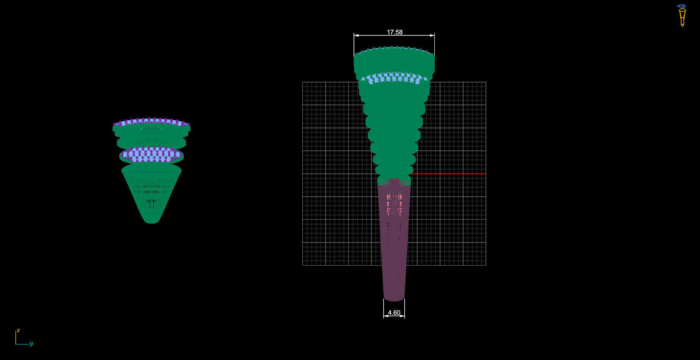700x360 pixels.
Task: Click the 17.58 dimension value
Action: (394, 32)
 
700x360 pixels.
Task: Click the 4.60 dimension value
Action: (394, 313)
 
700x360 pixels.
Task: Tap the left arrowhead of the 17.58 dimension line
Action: (355, 35)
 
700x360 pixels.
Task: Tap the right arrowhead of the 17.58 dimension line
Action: (433, 35)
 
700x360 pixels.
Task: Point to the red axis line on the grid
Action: (450, 174)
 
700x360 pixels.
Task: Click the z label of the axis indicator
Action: (18, 330)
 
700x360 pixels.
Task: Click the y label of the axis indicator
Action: (31, 344)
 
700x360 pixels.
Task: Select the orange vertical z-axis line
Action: (16, 337)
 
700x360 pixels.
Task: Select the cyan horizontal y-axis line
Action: (22, 344)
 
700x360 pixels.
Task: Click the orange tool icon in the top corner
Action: (682, 17)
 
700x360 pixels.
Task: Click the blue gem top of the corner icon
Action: (682, 7)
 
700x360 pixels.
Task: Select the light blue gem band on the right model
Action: (394, 79)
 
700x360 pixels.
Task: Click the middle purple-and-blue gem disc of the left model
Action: (151, 155)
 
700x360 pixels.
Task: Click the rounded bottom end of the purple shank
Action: (394, 298)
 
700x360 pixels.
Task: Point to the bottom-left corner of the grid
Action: (303, 265)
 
